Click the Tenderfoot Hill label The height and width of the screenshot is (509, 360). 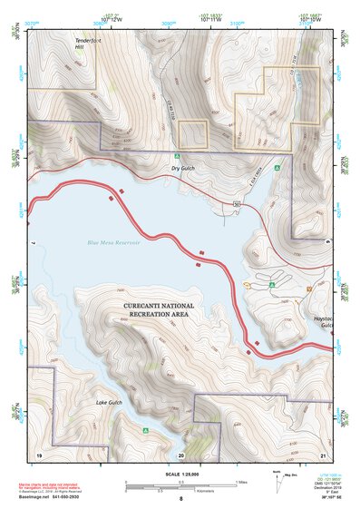pyautogui.click(x=89, y=46)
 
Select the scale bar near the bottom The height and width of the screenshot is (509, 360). pyautogui.click(x=182, y=485)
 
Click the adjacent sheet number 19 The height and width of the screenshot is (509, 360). pyautogui.click(x=40, y=454)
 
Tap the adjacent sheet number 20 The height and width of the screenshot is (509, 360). pyautogui.click(x=181, y=455)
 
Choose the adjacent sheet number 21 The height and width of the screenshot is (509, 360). pyautogui.click(x=323, y=454)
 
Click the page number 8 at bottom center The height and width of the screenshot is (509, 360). pyautogui.click(x=181, y=499)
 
